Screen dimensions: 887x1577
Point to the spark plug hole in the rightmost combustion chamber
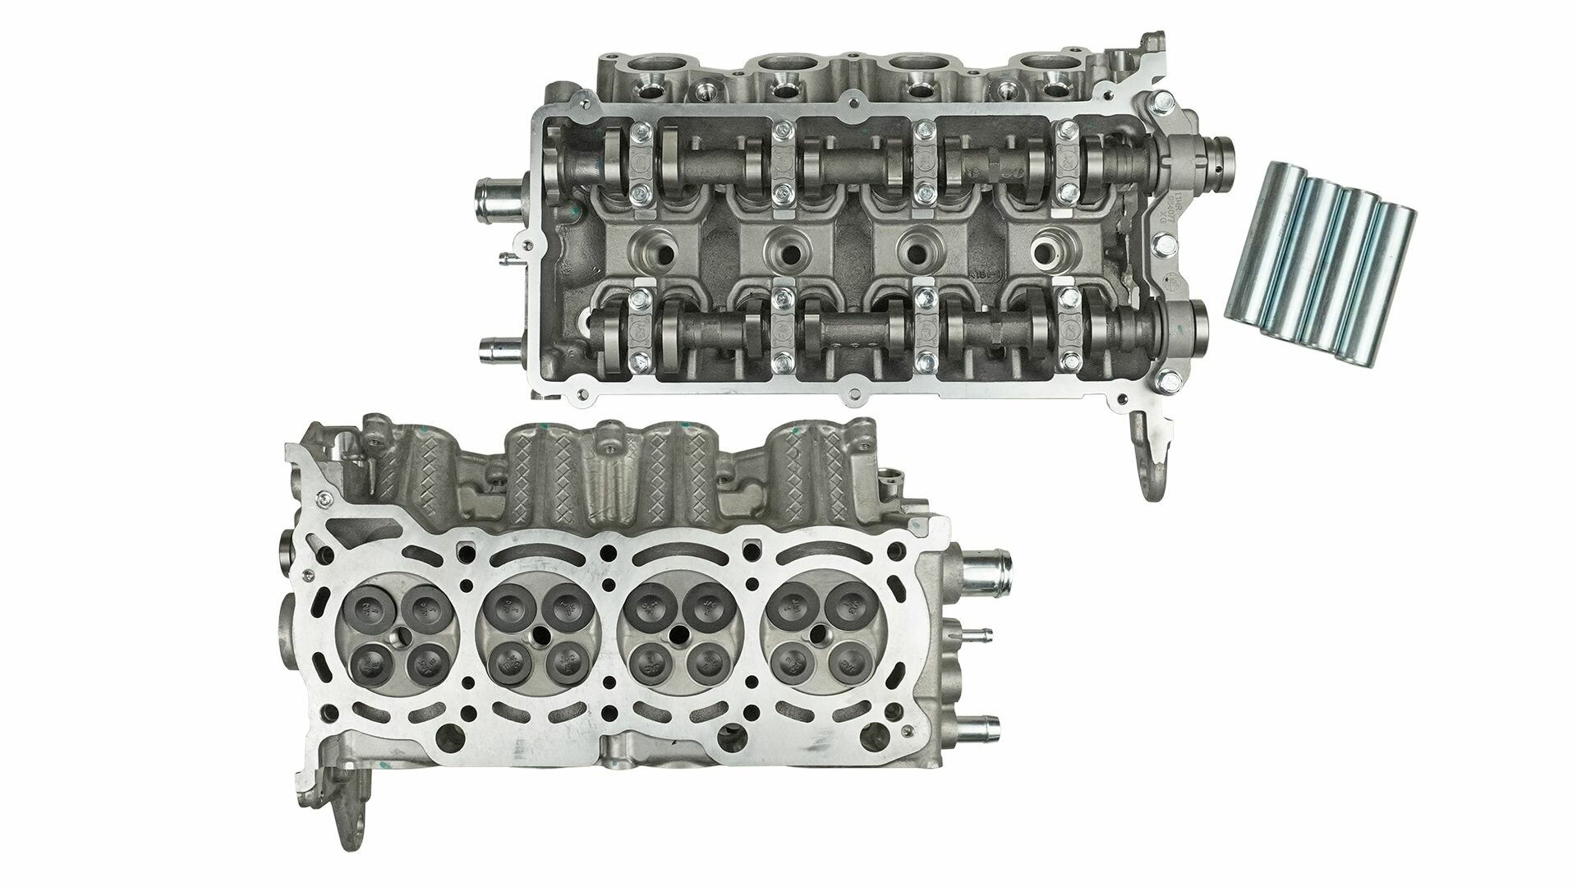tap(818, 634)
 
